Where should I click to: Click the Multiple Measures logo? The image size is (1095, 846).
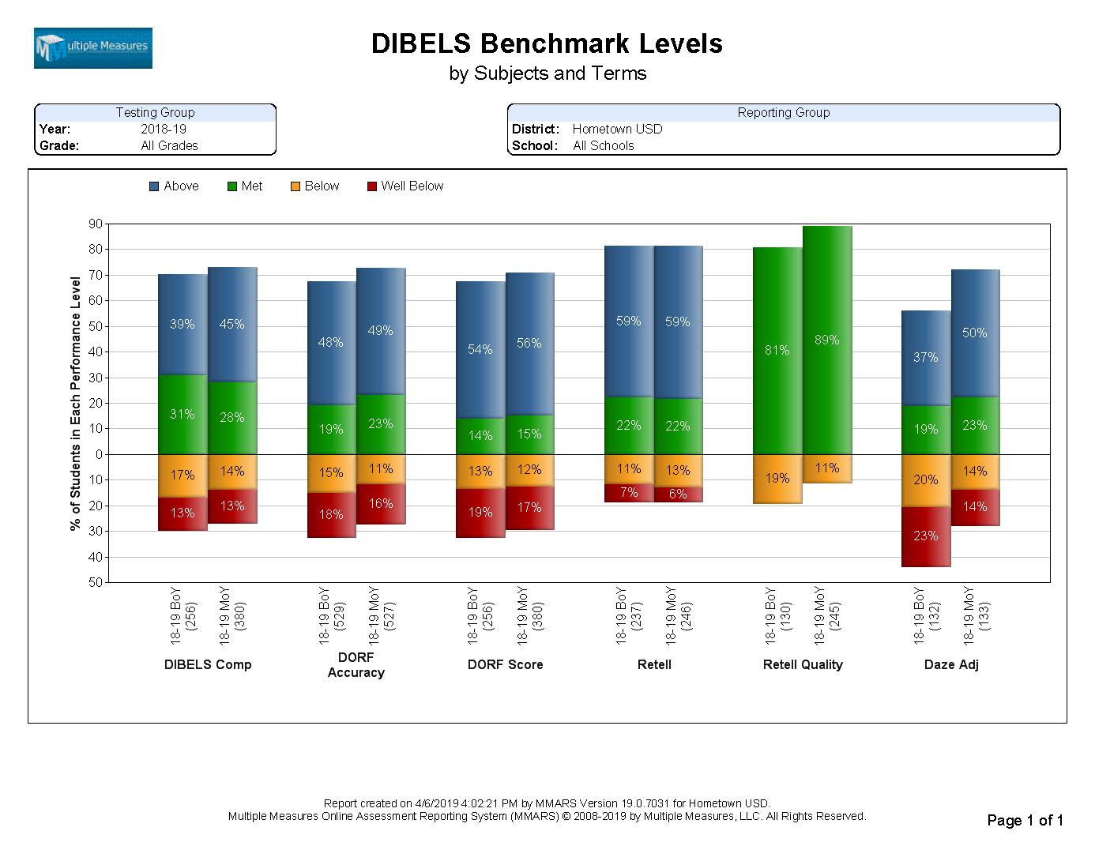92,48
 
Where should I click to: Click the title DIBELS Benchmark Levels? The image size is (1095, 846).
547,43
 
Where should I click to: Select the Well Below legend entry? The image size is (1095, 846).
405,186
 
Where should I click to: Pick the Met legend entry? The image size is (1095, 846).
245,186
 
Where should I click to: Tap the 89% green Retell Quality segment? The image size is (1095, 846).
827,340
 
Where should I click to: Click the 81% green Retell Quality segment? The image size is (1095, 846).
777,351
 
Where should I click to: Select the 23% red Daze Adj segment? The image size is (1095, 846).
926,536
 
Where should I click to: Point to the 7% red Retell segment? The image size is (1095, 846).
629,493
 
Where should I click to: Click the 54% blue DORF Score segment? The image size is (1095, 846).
480,349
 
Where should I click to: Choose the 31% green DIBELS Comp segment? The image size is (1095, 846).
182,415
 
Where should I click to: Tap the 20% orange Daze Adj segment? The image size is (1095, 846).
926,480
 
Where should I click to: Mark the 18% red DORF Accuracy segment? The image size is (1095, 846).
331,515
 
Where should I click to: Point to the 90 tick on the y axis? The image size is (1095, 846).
96,224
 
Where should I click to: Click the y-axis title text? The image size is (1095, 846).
76,403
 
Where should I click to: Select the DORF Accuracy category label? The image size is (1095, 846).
356,665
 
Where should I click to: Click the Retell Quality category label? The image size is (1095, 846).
803,665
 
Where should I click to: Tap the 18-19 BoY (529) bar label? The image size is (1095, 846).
331,616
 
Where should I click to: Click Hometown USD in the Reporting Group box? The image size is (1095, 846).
617,130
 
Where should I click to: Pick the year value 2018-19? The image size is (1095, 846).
164,130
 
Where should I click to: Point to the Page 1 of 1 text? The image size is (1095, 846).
1025,821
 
